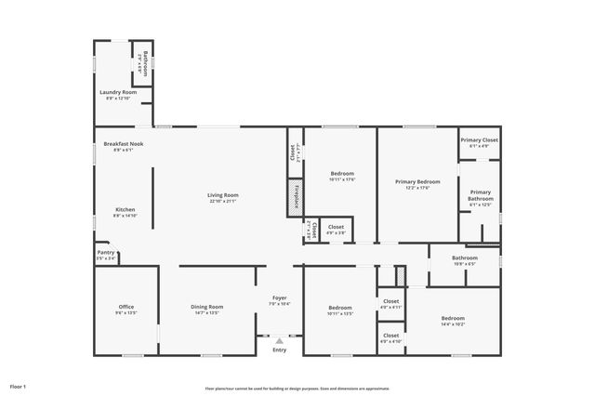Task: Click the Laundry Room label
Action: tap(118, 92)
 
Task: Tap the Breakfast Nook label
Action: tap(124, 144)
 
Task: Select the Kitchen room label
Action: tap(126, 209)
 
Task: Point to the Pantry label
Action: tap(106, 252)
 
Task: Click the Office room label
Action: tap(126, 307)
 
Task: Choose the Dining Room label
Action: tap(206, 307)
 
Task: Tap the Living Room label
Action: tap(223, 194)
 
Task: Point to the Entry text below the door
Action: tap(280, 350)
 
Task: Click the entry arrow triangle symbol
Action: tap(280, 340)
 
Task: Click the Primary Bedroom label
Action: tap(416, 181)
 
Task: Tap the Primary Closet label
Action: tap(479, 139)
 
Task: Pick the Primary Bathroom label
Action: tap(480, 195)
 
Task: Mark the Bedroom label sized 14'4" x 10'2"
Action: tap(453, 319)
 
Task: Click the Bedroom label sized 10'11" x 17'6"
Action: tap(342, 174)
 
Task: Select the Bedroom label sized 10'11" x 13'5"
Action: tap(339, 307)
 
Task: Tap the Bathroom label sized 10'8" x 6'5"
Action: tap(464, 257)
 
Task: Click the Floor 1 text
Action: tap(18, 385)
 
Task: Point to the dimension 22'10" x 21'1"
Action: tap(223, 201)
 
